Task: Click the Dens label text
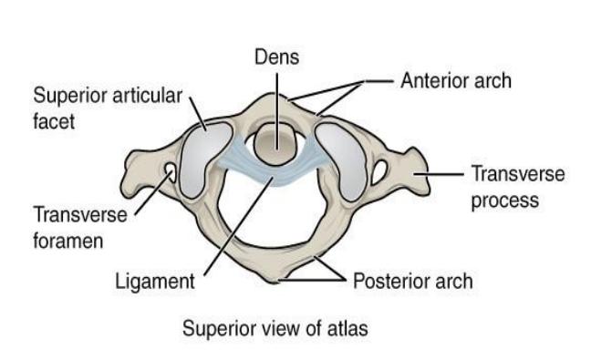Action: click(276, 57)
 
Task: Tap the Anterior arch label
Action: click(456, 80)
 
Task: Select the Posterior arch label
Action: click(413, 282)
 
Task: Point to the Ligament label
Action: click(155, 283)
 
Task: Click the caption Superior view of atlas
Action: click(275, 328)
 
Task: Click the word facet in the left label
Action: click(54, 121)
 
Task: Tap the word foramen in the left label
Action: click(67, 241)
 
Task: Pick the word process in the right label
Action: click(505, 200)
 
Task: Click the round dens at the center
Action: click(276, 144)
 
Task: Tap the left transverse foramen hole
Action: click(171, 171)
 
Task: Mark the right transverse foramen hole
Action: click(380, 172)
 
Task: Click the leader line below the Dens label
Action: click(277, 111)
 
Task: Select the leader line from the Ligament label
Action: click(238, 226)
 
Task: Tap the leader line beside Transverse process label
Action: click(439, 174)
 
